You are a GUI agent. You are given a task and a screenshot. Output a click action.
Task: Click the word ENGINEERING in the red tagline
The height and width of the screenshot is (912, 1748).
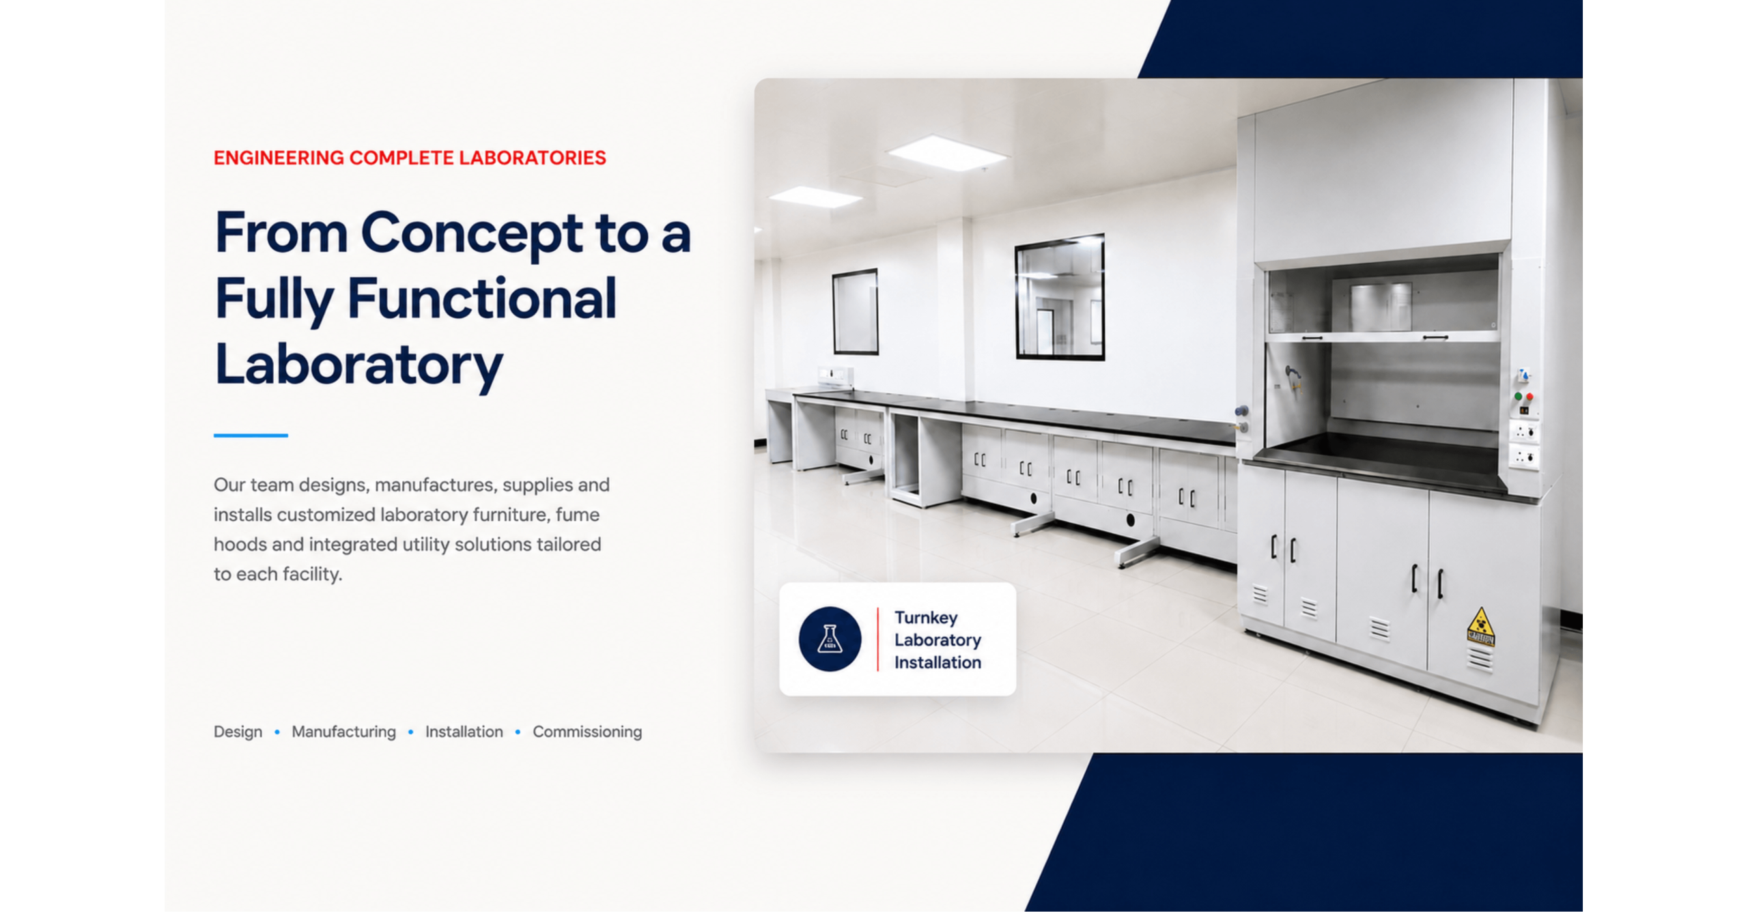(278, 158)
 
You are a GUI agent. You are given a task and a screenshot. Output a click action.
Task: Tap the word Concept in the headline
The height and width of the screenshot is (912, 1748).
(471, 234)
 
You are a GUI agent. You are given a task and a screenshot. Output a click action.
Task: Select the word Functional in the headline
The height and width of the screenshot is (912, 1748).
(481, 299)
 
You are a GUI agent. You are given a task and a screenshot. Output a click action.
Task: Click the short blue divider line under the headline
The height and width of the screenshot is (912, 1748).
(251, 435)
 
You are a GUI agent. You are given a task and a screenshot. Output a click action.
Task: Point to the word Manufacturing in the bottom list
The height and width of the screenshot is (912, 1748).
(343, 732)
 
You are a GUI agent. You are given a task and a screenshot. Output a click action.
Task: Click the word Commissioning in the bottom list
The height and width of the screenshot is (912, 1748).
(587, 732)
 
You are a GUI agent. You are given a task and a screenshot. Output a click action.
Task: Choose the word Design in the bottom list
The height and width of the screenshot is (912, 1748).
(238, 732)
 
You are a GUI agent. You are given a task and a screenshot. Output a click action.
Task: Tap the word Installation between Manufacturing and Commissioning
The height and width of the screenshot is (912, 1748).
(464, 732)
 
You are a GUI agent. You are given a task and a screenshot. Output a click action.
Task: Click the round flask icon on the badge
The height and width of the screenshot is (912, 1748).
(830, 639)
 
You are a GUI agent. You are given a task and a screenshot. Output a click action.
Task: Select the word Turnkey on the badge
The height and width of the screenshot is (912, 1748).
(926, 618)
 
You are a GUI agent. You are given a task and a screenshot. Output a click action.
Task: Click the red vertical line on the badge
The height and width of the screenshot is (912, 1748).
(878, 639)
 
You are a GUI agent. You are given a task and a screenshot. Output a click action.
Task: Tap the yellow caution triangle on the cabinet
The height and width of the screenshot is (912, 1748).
(1480, 625)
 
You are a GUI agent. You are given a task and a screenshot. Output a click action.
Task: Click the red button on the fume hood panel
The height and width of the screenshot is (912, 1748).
(1529, 397)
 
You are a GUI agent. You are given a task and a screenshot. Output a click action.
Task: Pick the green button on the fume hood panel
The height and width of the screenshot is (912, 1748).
(1518, 396)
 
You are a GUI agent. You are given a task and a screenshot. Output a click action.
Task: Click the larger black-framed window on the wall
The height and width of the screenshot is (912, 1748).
(1059, 297)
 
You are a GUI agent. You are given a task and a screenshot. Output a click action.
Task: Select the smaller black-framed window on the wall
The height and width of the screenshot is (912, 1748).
(855, 312)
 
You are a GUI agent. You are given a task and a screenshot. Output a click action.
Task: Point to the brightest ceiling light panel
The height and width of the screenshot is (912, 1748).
(946, 153)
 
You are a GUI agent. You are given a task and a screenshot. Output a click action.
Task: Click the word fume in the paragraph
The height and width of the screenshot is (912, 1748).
(577, 515)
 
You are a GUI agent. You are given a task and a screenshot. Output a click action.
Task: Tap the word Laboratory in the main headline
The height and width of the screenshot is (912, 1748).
(358, 365)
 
